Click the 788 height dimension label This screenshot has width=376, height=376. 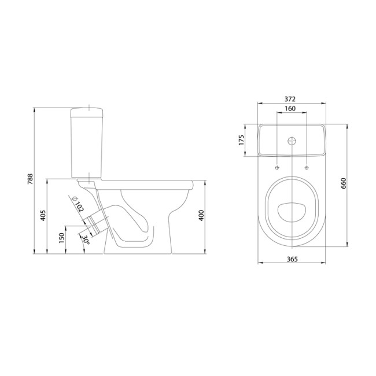30,179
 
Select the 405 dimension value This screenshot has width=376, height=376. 43,216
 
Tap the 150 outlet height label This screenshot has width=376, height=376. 62,238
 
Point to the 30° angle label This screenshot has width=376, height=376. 86,240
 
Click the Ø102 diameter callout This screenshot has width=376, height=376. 78,204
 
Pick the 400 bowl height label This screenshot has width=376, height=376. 201,215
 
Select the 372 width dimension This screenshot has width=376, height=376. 290,99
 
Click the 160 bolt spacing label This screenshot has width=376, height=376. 290,109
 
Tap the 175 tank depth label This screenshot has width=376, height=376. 241,140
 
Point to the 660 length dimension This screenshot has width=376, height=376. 344,183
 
